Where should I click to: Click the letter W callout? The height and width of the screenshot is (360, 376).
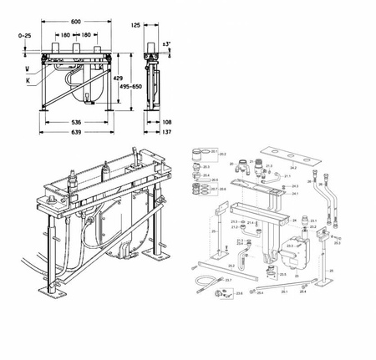(26, 68)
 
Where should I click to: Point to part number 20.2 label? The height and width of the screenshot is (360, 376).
(223, 155)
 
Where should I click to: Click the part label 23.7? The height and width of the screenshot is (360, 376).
(206, 281)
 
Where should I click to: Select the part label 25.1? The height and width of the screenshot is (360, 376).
(283, 292)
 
